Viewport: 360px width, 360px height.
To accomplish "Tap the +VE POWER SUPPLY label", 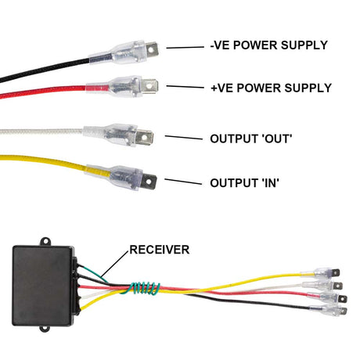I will pos(271,88).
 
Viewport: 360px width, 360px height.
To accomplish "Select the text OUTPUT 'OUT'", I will pos(250,139).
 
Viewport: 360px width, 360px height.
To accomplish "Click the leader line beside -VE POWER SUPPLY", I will pos(183,47).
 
